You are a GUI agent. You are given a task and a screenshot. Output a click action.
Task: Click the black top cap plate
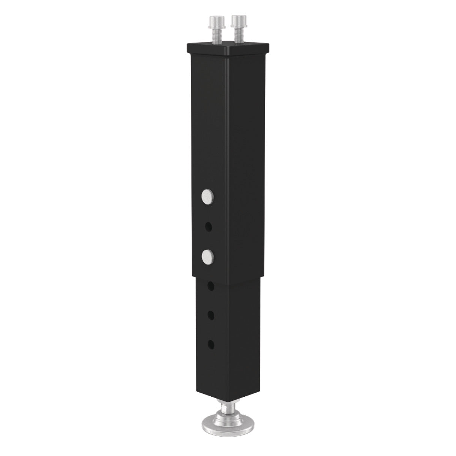(x=228, y=47)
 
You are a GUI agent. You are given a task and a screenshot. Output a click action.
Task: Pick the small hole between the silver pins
(x=208, y=227)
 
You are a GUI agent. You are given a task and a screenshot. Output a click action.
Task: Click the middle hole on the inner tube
(x=211, y=315)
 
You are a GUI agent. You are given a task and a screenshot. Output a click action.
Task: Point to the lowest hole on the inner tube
(x=211, y=345)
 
